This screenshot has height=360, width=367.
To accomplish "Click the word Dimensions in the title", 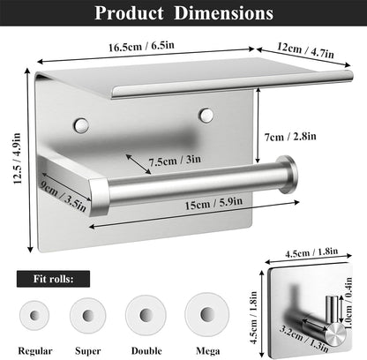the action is (223, 13).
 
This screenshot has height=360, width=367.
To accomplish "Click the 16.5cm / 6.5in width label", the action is (141, 46).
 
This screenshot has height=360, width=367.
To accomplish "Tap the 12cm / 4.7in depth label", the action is (305, 50).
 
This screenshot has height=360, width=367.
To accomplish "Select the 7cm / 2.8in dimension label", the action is (290, 137).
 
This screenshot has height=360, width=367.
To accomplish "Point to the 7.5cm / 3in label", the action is (175, 161).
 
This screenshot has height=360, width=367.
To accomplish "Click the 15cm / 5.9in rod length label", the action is (213, 203).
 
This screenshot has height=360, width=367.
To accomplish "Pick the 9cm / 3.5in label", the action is (64, 197).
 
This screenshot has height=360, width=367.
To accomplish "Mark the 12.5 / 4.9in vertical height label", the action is (17, 159).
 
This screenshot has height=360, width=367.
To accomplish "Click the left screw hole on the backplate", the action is (81, 125).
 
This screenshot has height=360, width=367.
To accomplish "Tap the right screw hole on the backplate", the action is (206, 115).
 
